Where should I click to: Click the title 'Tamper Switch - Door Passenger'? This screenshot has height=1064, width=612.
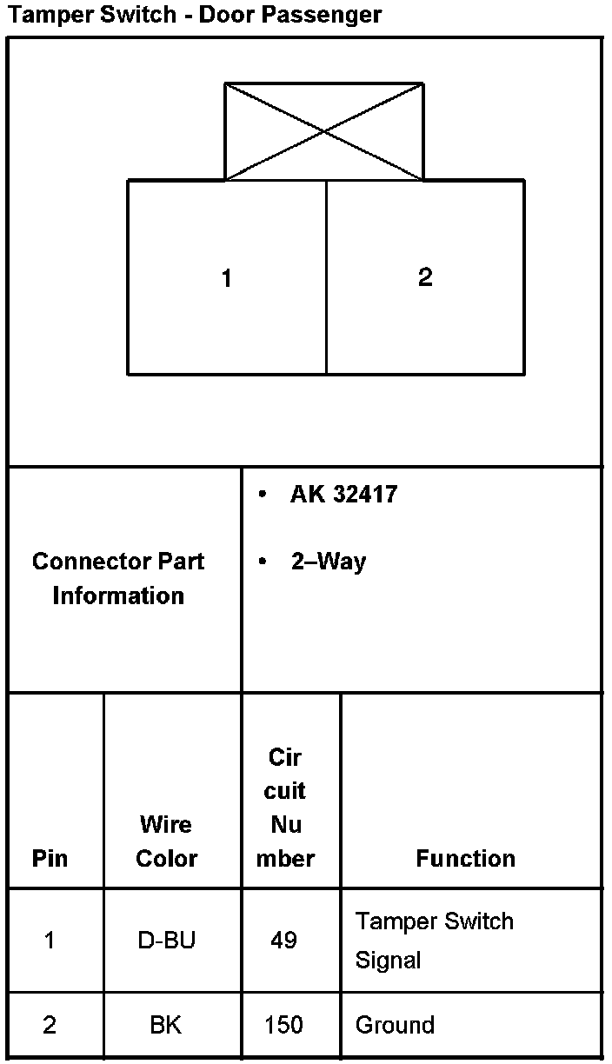195,15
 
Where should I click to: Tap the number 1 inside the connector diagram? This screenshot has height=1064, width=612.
227,279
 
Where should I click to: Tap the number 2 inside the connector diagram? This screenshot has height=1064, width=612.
425,277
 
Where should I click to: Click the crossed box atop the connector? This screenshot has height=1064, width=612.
324,132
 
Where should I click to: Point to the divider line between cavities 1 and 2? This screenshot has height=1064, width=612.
326,278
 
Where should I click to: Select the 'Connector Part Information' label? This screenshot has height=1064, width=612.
118,578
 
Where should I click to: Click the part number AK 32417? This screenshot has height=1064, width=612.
343,495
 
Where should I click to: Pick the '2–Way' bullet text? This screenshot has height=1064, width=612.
329,562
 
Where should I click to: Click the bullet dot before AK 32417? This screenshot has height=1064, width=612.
263,495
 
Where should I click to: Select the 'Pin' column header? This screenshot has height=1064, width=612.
50,859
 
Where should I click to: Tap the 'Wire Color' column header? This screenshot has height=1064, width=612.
166,841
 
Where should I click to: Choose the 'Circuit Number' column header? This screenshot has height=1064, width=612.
285,808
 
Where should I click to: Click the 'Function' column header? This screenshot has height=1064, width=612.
465,859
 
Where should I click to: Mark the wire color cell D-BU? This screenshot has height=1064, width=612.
166,941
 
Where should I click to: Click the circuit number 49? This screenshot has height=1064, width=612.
284,941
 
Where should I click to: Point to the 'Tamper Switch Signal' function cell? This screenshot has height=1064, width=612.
434,941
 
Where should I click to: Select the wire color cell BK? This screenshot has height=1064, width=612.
165,1026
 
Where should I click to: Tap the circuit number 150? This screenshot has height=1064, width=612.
284,1026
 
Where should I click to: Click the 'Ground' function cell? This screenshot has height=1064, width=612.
394,1026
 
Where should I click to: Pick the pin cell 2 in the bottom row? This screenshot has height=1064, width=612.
50,1026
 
